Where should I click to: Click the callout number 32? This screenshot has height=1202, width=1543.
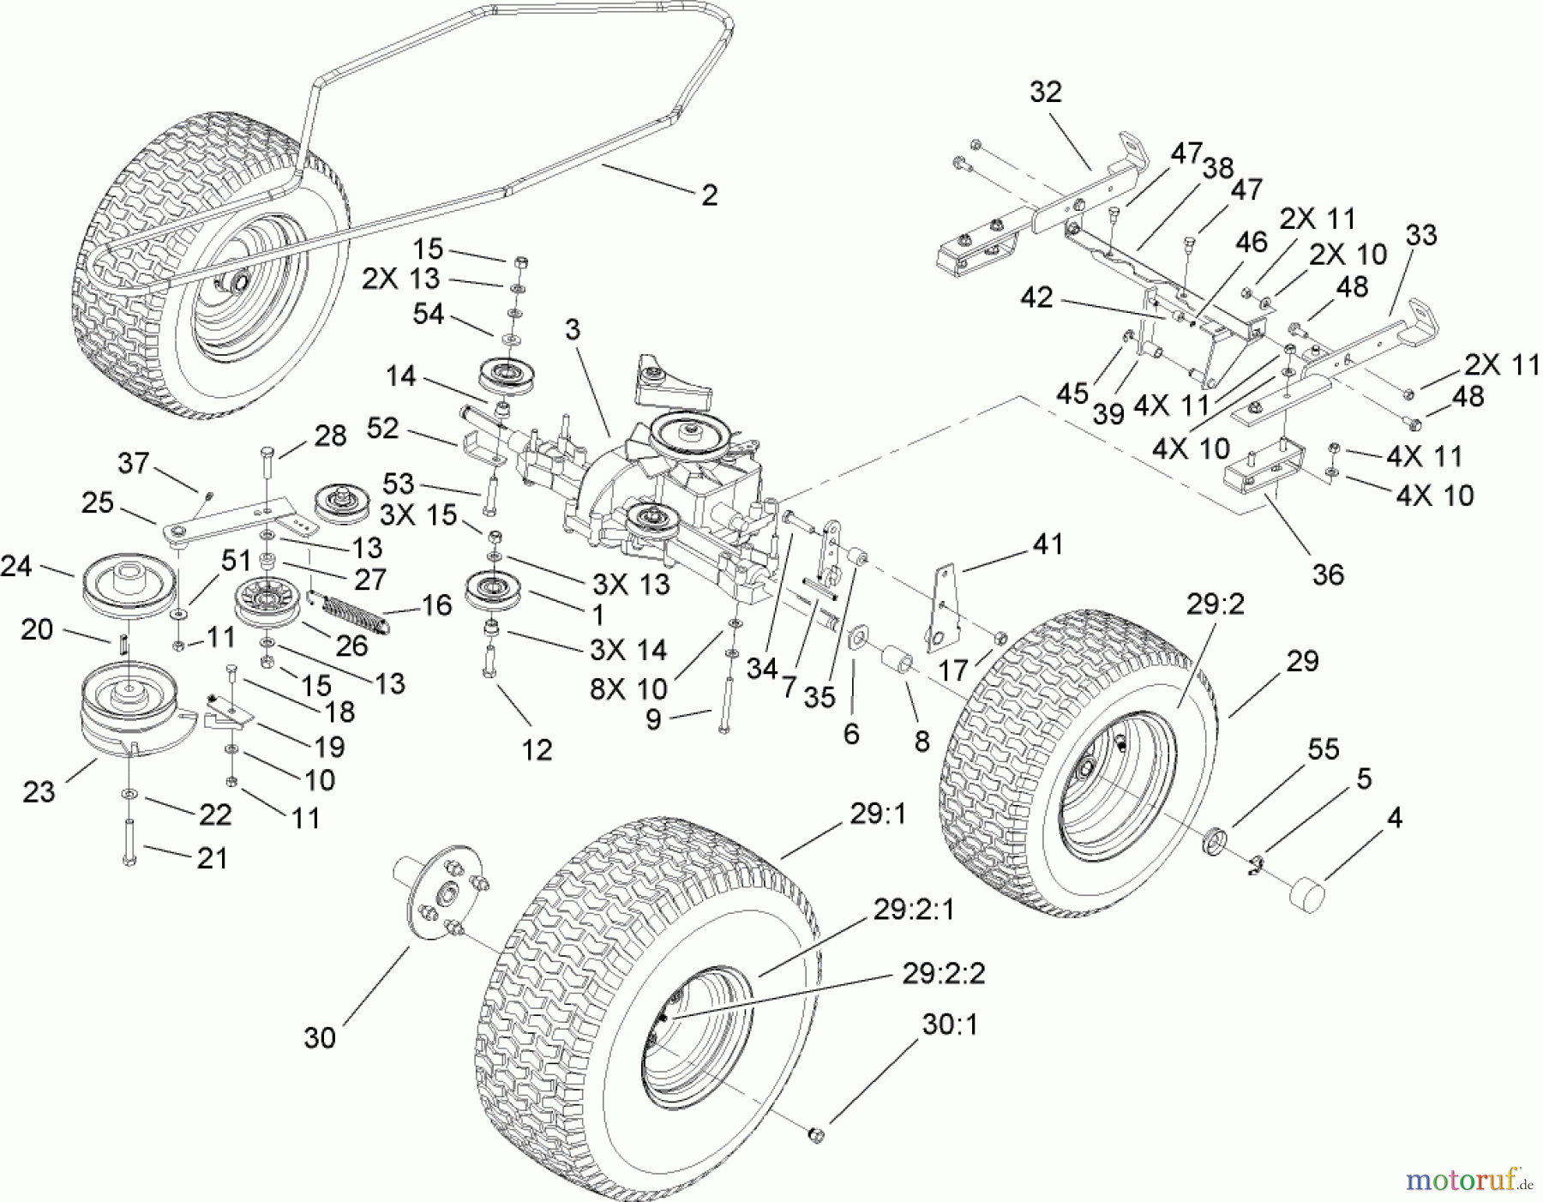(1045, 92)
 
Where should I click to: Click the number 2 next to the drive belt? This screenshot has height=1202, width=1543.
(709, 195)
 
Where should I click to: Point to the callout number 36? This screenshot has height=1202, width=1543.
(1328, 574)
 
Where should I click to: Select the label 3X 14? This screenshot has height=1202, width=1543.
(628, 650)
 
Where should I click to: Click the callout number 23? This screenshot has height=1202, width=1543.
(39, 791)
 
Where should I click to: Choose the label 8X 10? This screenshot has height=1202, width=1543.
(628, 690)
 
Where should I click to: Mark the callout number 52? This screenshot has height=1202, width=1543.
(382, 429)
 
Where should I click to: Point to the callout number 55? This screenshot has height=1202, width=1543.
(1323, 748)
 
